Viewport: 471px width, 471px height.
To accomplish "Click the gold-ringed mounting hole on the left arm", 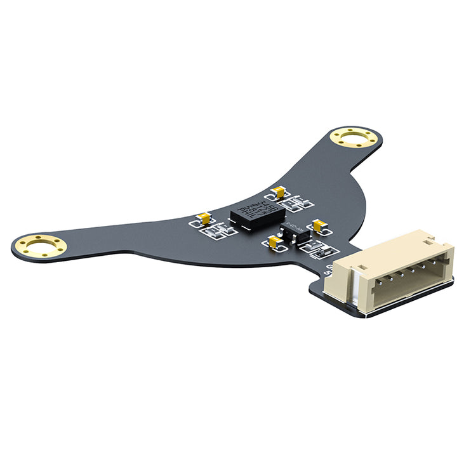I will point(41,246).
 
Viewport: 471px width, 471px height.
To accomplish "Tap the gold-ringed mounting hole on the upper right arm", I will point(354,137).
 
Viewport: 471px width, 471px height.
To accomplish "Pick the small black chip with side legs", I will point(296,234).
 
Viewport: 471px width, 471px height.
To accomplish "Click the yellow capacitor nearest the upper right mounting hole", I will point(277,192).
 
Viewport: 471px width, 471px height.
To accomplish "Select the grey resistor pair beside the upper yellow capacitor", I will point(298,203).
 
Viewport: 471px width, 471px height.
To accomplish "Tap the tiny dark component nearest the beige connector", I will point(321,253).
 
